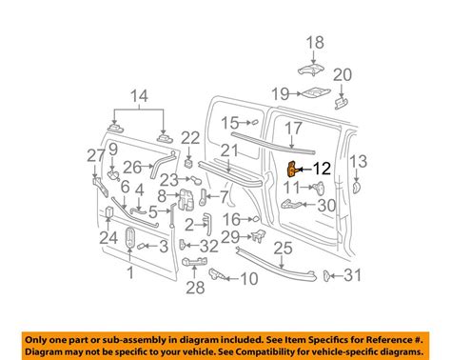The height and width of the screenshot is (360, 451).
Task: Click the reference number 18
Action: (315, 41)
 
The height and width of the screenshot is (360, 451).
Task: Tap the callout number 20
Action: (343, 75)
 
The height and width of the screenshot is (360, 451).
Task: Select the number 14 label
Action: (141, 95)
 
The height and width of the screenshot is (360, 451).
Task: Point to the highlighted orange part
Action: (293, 170)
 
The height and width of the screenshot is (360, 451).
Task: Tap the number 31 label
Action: (353, 276)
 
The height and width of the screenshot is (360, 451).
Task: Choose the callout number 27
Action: (94, 156)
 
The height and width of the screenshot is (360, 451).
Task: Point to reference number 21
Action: (227, 150)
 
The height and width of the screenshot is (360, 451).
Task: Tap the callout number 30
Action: (326, 204)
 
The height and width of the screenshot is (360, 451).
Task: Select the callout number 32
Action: (209, 246)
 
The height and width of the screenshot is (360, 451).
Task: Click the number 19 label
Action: (279, 93)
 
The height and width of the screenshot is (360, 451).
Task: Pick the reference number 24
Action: (108, 237)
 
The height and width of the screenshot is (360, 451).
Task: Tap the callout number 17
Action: (293, 127)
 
